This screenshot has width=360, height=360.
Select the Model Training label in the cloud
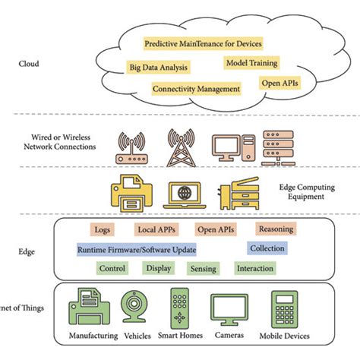click(251, 63)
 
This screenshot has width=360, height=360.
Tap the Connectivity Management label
click(196, 89)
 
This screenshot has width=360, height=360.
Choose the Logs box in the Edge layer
click(103, 229)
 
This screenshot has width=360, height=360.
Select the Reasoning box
click(275, 229)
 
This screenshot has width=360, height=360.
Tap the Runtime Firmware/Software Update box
click(137, 249)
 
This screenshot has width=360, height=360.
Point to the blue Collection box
click(267, 248)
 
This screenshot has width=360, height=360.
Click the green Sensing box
click(203, 269)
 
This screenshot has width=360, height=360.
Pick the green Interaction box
click(254, 269)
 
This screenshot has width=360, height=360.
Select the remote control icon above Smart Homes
click(180, 308)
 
